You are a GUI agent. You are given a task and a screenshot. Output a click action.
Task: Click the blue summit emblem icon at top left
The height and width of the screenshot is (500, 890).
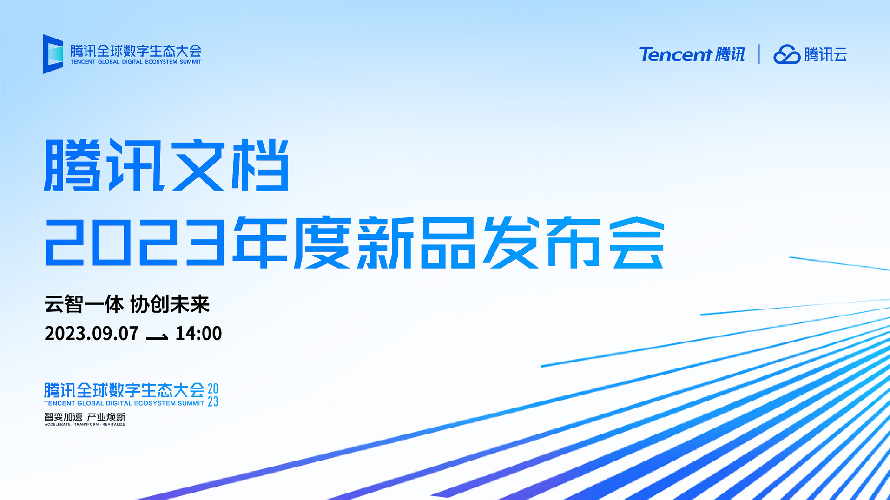click(x=53, y=54)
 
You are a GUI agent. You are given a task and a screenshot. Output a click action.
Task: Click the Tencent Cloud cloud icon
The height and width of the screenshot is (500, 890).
click(x=787, y=54)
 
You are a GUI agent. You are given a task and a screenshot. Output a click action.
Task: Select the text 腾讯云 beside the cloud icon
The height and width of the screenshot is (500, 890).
click(x=826, y=54)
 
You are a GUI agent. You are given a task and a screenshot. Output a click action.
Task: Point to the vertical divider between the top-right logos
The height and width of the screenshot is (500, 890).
click(x=759, y=54)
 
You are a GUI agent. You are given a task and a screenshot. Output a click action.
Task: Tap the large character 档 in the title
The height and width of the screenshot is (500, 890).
click(x=261, y=165)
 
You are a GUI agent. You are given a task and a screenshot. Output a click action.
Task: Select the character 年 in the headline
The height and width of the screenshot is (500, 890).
click(x=261, y=242)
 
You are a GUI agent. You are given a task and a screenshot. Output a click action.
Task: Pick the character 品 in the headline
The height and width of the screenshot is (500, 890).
click(x=448, y=242)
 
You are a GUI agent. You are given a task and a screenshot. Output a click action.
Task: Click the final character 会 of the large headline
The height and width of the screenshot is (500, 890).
click(x=637, y=242)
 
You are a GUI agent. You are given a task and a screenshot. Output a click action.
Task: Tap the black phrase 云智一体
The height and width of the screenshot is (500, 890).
click(x=84, y=305)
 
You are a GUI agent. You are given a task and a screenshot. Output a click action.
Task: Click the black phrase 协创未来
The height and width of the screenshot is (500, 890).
click(x=170, y=305)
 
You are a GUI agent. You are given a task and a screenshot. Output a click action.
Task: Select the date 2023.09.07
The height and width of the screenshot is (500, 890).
click(x=92, y=334)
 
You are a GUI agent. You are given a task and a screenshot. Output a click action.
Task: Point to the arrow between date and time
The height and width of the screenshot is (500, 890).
click(x=157, y=336)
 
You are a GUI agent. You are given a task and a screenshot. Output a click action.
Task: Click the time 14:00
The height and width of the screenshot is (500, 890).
click(x=198, y=334)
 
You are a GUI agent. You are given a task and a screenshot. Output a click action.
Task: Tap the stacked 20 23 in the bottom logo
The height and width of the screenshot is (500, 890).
click(x=213, y=395)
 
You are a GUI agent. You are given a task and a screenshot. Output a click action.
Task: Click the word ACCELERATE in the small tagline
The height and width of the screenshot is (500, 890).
click(x=58, y=424)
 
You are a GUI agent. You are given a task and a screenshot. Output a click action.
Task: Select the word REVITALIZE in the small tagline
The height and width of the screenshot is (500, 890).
click(x=114, y=424)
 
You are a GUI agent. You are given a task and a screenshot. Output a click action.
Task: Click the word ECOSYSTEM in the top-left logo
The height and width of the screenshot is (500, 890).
click(x=161, y=62)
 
